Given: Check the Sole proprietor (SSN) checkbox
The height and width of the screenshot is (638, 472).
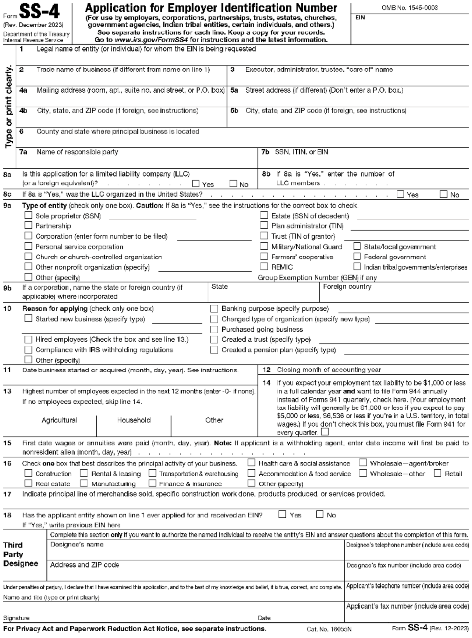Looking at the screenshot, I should point(28,215).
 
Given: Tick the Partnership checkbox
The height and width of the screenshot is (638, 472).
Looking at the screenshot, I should point(28,225).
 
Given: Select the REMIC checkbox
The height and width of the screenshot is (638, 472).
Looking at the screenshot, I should point(264,266).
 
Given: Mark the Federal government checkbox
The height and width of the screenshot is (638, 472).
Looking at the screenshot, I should point(357,256).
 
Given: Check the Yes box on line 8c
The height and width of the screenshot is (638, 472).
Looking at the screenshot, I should point(401,194).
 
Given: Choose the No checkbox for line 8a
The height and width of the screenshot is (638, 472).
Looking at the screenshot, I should point(233,184).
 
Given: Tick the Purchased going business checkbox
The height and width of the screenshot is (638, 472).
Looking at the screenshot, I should point(214,329).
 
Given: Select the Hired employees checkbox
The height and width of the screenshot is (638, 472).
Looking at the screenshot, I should point(28,339).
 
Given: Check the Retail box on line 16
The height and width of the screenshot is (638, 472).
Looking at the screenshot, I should point(437,473).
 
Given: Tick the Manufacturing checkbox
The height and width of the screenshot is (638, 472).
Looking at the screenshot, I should point(83,483).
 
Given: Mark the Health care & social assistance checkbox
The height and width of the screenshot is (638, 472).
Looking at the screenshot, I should point(252,463).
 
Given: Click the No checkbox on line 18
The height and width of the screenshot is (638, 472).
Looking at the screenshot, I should point(320,515).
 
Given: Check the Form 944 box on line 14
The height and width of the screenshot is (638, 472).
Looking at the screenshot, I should point(324,432).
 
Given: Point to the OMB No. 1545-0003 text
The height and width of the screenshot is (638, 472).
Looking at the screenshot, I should point(410,8).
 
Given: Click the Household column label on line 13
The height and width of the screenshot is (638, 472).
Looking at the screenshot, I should point(134,420).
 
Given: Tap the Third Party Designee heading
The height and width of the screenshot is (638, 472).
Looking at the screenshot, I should point(21,554).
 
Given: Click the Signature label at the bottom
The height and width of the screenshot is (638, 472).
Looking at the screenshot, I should point(16,618).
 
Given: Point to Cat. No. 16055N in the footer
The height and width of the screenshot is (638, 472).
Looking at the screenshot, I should point(329,629).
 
